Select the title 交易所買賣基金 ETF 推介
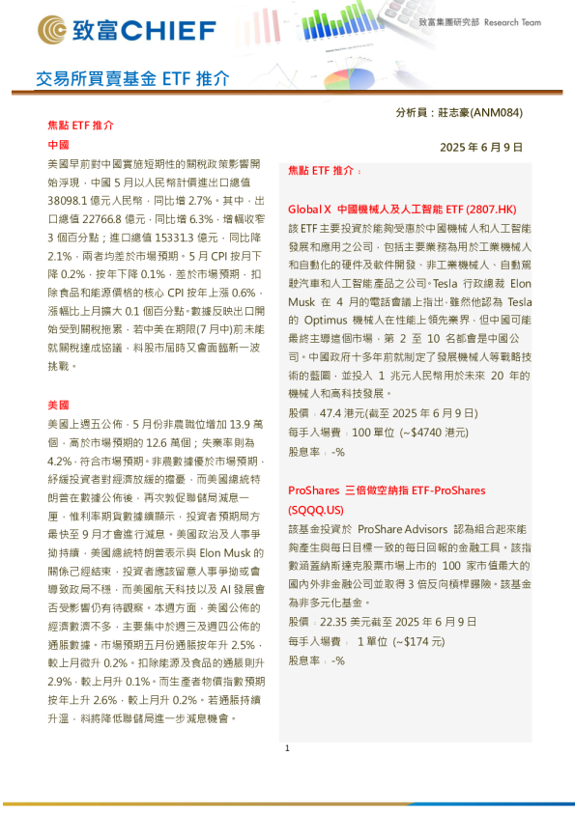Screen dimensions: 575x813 (x=132, y=78)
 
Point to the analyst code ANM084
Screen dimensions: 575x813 (x=494, y=113)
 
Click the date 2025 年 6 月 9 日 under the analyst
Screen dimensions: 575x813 (x=480, y=148)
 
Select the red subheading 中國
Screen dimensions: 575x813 (x=58, y=144)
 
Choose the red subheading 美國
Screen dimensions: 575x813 (x=58, y=405)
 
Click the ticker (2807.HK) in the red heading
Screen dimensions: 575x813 (x=491, y=209)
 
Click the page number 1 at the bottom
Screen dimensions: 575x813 (x=287, y=748)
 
